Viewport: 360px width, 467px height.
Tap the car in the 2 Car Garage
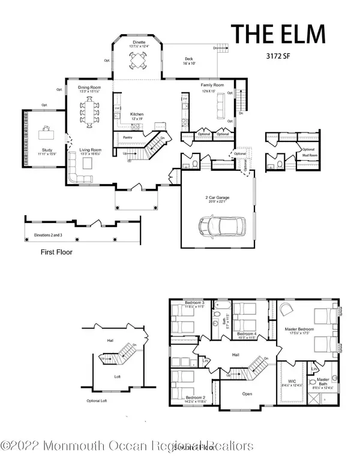pos(220,226)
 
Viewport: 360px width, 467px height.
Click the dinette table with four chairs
pos(139,62)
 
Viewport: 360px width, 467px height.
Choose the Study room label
pos(47,150)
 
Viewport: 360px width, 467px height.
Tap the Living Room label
pos(91,150)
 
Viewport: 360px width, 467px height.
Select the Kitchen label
pos(137,113)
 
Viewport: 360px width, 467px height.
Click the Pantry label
pos(127,137)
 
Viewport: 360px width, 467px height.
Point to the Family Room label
pos(212,86)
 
